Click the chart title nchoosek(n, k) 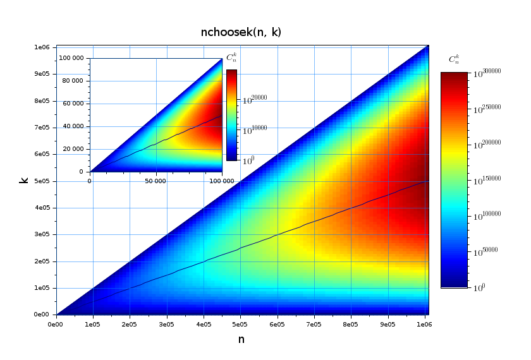pos(241,32)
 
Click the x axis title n pos(241,340)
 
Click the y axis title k pos(24,180)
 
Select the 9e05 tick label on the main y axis pos(42,74)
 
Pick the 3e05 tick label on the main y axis pos(42,234)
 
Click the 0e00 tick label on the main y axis pos(42,315)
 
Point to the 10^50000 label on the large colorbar pos(486,251)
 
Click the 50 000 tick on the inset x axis pos(156,181)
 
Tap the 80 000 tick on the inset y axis pos(73,81)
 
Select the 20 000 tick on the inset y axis pos(73,149)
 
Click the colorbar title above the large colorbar pos(454,59)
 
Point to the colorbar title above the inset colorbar pos(232,58)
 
